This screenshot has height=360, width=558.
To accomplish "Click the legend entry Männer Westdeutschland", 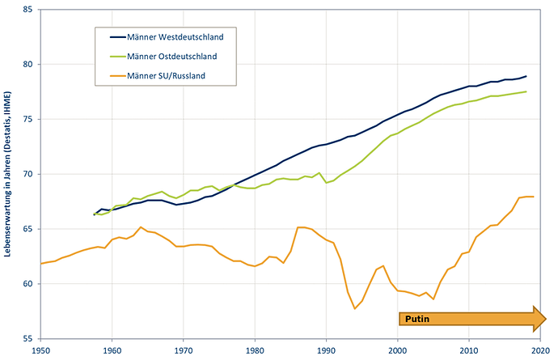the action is (167, 37).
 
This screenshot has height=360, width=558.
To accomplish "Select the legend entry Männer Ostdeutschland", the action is (163, 57).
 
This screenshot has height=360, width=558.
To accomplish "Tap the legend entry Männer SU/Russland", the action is (158, 76).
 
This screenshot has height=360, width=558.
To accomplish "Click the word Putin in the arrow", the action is (417, 319).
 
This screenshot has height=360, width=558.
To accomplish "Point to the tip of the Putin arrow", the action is (546, 319).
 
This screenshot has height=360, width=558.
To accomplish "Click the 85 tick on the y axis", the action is (27, 10).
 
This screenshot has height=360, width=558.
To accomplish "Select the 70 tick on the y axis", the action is (27, 174).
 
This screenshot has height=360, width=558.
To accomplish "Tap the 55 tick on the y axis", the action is (27, 339).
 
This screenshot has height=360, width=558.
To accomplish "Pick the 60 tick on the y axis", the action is (27, 284).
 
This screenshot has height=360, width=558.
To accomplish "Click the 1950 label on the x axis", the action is (40, 350).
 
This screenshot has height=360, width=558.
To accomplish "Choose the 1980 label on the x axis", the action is (255, 350).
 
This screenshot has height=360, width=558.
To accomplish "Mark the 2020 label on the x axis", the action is (540, 350).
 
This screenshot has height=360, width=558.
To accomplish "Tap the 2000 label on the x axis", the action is (398, 350).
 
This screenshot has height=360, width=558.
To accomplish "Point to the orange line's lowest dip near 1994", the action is (354, 308).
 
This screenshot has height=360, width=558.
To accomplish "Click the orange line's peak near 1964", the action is (141, 227).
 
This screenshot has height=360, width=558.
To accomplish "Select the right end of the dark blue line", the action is (526, 76).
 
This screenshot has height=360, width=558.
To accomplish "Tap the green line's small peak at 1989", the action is (319, 172).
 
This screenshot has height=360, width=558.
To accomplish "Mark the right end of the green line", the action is (526, 91).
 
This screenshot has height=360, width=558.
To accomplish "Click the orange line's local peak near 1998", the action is (383, 265).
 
